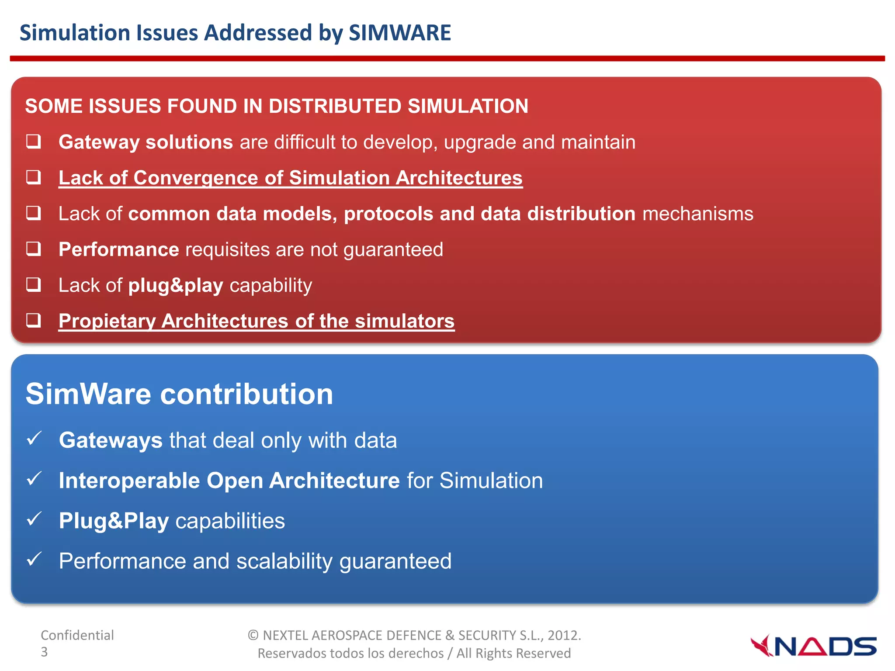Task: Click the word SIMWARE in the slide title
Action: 399,33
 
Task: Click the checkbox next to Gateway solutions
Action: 34,142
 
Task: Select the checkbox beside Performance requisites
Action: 34,249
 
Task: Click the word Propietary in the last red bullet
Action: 107,321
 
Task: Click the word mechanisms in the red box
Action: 698,214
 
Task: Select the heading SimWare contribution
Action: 179,394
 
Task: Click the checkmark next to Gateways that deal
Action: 34,438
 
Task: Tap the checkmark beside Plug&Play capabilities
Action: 34,519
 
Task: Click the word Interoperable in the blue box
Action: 129,481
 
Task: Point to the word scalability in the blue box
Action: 284,561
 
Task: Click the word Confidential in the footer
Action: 77,635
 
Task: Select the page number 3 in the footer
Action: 44,652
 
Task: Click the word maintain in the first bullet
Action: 598,142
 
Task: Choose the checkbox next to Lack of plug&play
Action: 34,285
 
